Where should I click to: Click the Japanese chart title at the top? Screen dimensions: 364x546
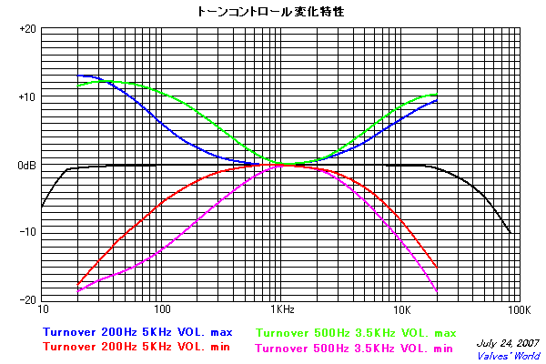coord(272,12)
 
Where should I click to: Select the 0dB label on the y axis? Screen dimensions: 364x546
coord(25,166)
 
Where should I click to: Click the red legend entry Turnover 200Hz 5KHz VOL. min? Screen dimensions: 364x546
coord(136,347)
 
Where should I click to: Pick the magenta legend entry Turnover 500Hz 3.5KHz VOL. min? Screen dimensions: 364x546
coord(355,347)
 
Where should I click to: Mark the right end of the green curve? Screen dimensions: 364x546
coord(437,95)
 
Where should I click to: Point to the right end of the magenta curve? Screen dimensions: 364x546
coord(437,291)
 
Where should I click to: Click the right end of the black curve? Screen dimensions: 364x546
coord(511,233)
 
